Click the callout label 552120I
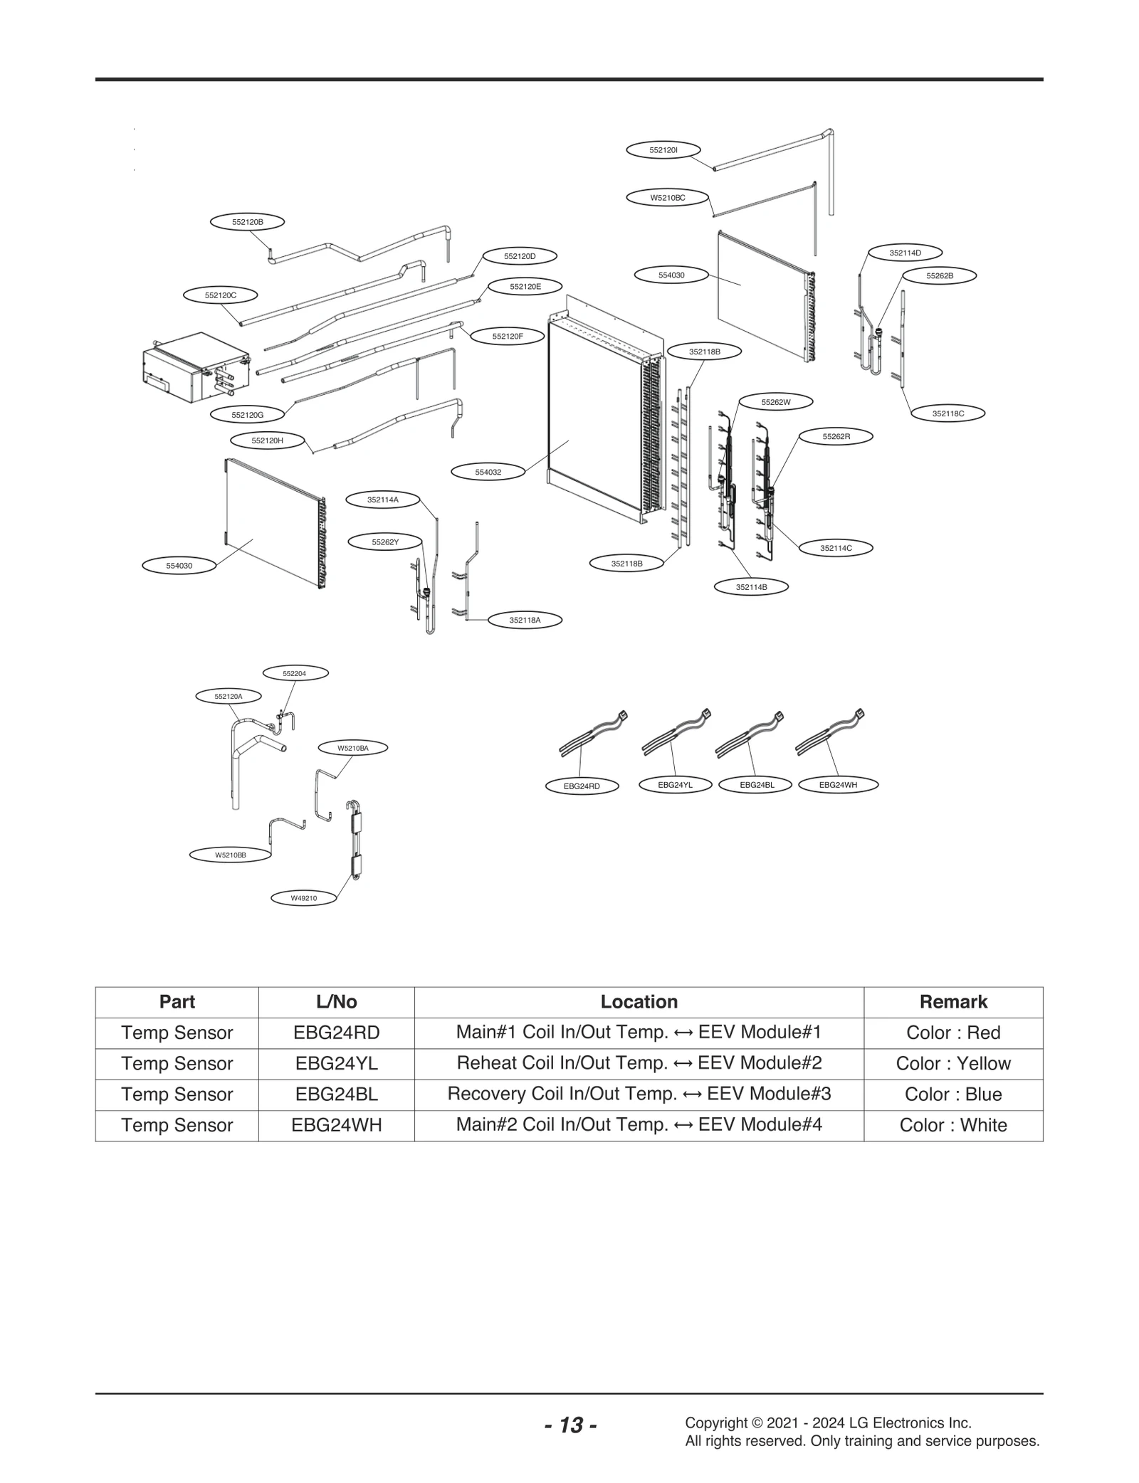pyautogui.click(x=663, y=150)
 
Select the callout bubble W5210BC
pyautogui.click(x=667, y=198)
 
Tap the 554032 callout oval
pyautogui.click(x=488, y=472)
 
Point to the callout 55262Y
pyautogui.click(x=385, y=542)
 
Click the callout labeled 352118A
pyautogui.click(x=525, y=621)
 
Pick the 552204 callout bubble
pyautogui.click(x=295, y=673)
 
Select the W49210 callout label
pyautogui.click(x=304, y=898)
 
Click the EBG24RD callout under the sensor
pyautogui.click(x=582, y=786)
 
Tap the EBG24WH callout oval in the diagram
pyautogui.click(x=838, y=785)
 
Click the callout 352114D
pyautogui.click(x=905, y=253)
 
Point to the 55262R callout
pyautogui.click(x=836, y=436)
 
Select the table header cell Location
pyautogui.click(x=639, y=1002)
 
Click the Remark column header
pyautogui.click(x=952, y=1002)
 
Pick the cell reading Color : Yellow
pyautogui.click(x=952, y=1064)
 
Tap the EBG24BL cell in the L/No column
pyautogui.click(x=336, y=1094)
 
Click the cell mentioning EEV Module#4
pyautogui.click(x=639, y=1125)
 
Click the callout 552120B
pyautogui.click(x=247, y=222)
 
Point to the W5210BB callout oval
pyautogui.click(x=231, y=855)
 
